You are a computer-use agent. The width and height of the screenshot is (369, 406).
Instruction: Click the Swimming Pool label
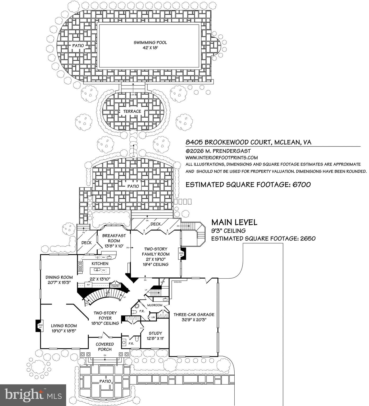[x=150, y=43]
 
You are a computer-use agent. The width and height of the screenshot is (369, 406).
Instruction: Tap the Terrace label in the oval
[x=132, y=112]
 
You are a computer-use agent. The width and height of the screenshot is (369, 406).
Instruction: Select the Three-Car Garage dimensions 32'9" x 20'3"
[x=194, y=320]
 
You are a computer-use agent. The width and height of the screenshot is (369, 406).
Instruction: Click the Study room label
[x=155, y=333]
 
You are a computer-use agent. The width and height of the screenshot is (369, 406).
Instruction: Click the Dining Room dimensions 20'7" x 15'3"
[x=59, y=283]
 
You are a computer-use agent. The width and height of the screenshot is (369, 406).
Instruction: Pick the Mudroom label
[x=155, y=305]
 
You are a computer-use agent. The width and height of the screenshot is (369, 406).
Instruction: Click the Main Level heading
[x=234, y=222]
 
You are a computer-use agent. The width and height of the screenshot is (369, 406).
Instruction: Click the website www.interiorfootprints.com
[x=222, y=158]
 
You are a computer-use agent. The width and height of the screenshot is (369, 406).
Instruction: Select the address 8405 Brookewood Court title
[x=248, y=142]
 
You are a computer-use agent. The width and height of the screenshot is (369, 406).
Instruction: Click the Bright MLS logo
[x=33, y=395]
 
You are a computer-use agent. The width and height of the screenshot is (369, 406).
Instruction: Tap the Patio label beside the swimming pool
[x=78, y=46]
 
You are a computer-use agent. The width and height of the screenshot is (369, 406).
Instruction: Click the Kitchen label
[x=100, y=264]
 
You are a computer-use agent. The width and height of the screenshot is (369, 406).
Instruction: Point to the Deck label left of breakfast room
[x=86, y=243]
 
